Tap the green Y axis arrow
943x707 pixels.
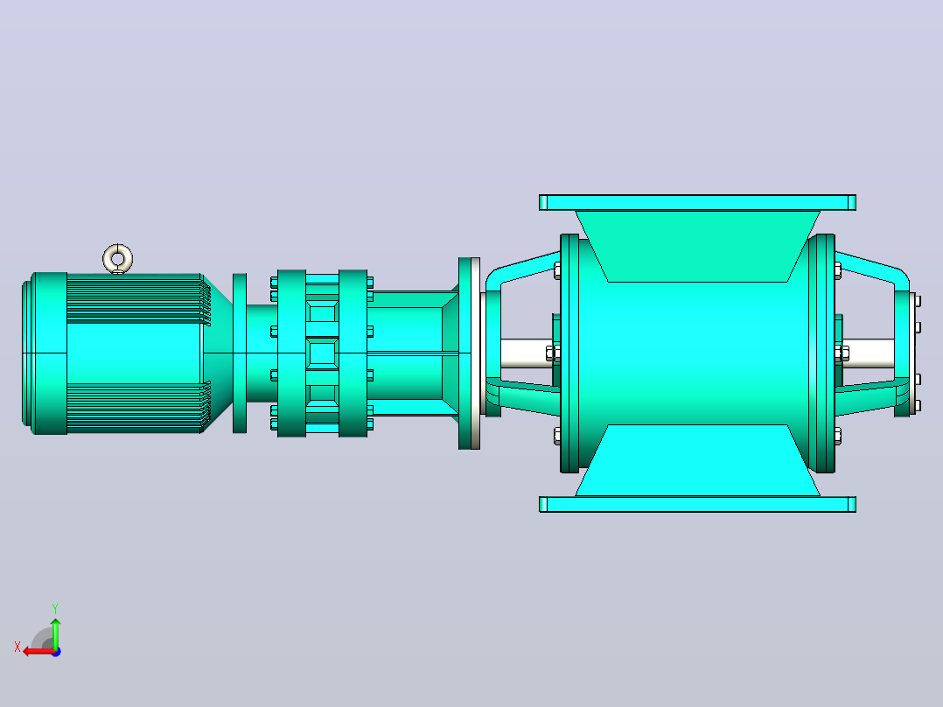[x=55, y=632]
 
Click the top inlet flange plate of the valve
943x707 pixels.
[x=698, y=202]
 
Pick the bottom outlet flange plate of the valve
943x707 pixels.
[x=698, y=504]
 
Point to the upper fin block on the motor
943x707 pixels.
[x=138, y=299]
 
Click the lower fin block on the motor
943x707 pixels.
[x=138, y=407]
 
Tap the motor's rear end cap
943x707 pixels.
[x=45, y=353]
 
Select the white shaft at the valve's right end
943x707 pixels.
[x=869, y=353]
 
